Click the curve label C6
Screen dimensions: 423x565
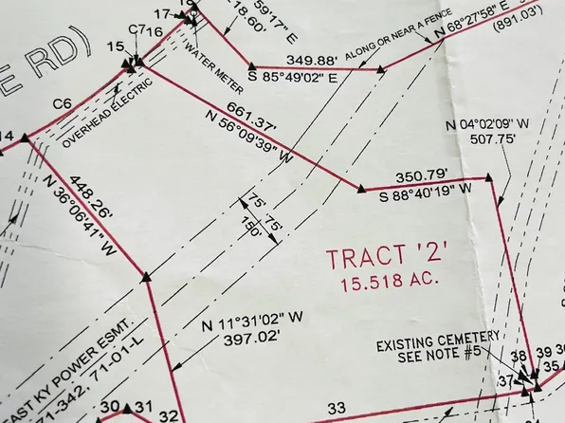point(62,102)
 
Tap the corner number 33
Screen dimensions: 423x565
point(336,409)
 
